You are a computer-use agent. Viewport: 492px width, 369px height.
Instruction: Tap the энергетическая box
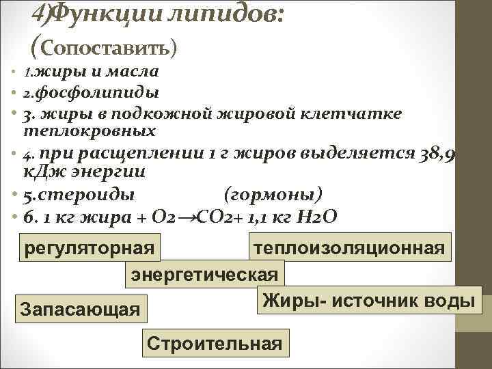pos(204,275)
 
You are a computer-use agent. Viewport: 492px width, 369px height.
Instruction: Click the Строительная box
pos(215,342)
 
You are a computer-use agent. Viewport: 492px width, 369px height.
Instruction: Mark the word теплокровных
pos(90,130)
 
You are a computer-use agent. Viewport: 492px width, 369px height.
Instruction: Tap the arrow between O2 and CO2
pos(187,217)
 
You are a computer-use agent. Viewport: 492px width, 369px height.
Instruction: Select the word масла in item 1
pos(137,71)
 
